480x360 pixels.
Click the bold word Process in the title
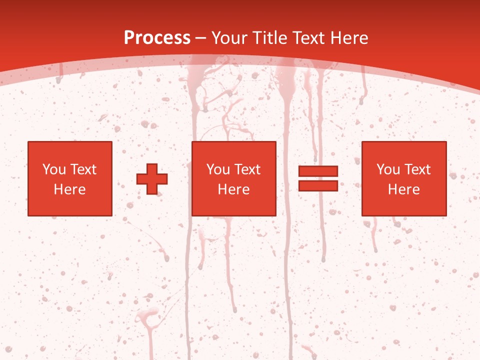click(x=157, y=38)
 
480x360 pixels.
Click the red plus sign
click(x=152, y=178)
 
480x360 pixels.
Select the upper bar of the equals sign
click(x=318, y=171)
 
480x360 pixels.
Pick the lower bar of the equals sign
click(x=318, y=185)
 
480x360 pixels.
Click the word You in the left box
click(x=53, y=169)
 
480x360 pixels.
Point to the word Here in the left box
click(x=69, y=189)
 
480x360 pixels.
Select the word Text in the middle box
click(x=247, y=169)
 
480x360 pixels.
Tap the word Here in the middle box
click(x=233, y=189)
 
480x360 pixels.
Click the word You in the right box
click(x=388, y=169)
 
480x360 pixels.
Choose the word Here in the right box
click(x=403, y=189)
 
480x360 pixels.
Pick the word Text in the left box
click(x=83, y=169)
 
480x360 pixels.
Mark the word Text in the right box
click(x=417, y=169)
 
